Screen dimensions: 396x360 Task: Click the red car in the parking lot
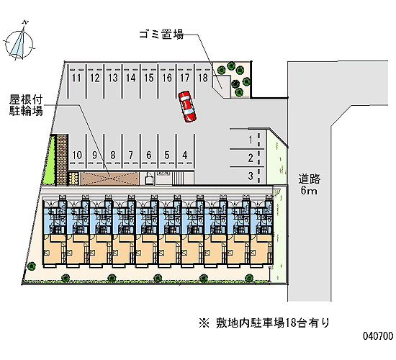[187, 107]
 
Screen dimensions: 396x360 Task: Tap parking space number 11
[76, 81]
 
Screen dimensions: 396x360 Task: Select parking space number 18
[203, 81]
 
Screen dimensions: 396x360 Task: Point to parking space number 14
[131, 81]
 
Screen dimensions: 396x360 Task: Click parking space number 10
[77, 152]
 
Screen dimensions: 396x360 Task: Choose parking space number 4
[185, 152]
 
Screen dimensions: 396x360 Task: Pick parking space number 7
[131, 152]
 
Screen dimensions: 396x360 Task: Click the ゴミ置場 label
[161, 34]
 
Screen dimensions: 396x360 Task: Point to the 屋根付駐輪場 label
[26, 106]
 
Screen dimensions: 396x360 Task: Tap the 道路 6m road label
[309, 184]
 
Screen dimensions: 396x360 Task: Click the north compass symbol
[19, 42]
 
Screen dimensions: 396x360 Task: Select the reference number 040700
[378, 336]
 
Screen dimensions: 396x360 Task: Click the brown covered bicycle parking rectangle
[110, 179]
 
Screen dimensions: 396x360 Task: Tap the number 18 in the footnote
[291, 323]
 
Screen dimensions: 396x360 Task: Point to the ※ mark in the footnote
[204, 323]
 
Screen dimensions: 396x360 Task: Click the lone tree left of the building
[32, 266]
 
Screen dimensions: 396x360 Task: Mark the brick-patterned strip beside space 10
[62, 160]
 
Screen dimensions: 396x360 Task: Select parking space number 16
[167, 81]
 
